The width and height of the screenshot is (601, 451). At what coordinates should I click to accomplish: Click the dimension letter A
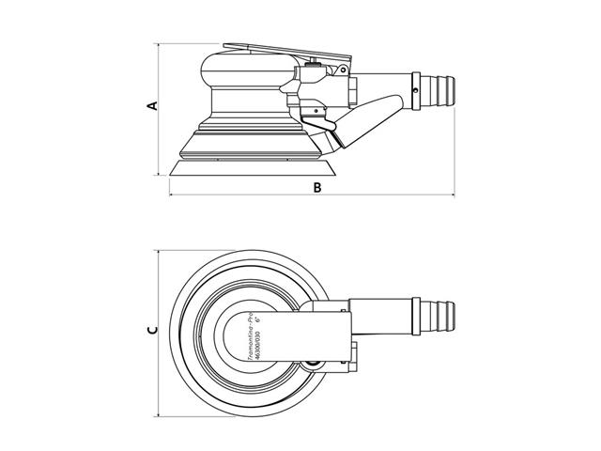click(151, 107)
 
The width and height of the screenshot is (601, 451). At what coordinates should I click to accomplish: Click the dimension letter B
click(317, 188)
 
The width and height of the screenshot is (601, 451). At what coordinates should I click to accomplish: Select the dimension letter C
click(151, 332)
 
